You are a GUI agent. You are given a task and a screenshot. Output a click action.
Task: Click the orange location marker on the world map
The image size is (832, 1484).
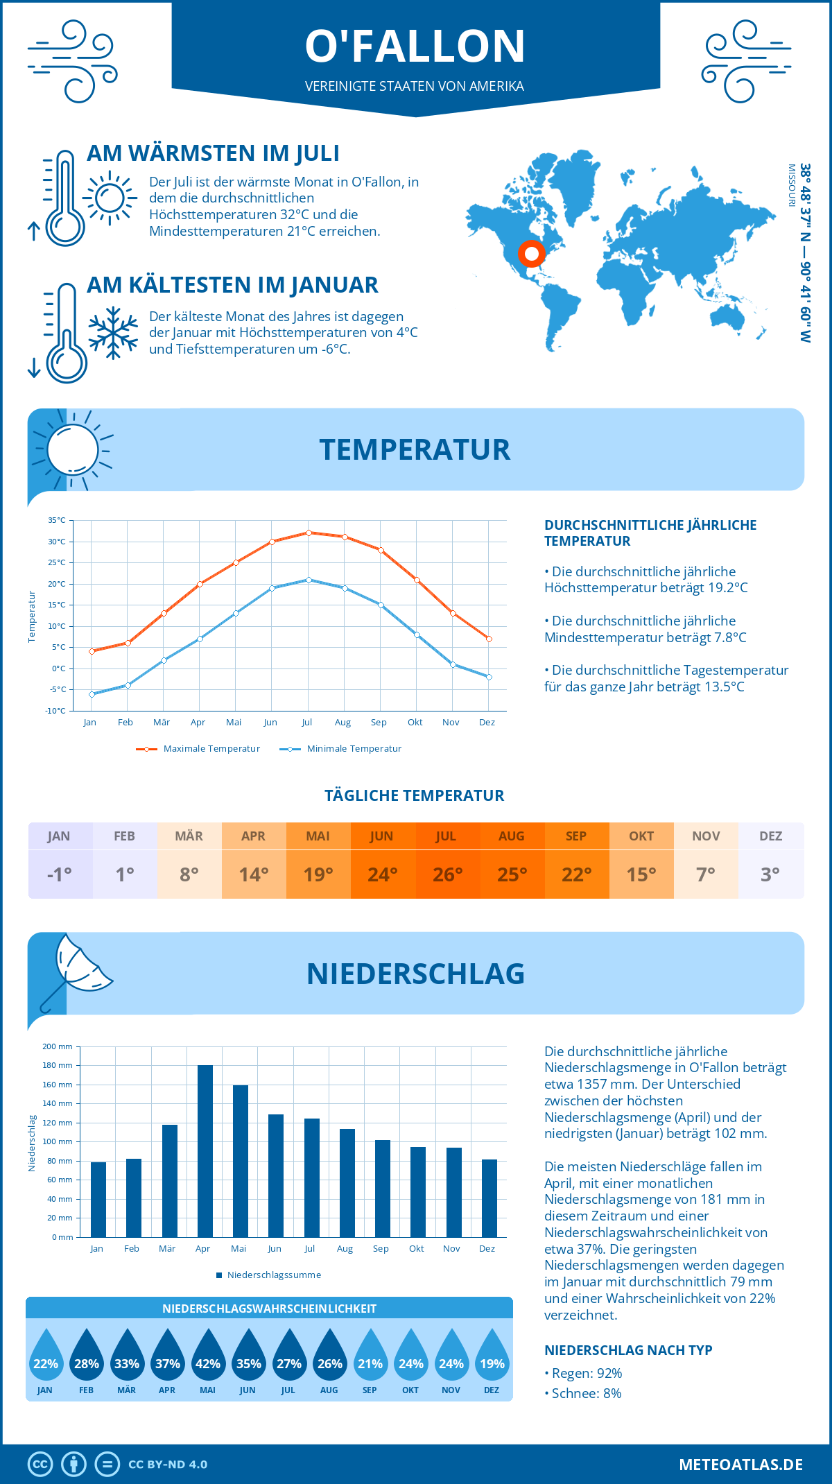[532, 254]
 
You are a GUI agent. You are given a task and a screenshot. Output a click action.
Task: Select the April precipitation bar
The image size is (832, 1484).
[205, 1151]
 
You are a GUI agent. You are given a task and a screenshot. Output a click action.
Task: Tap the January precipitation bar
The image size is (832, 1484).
[98, 1200]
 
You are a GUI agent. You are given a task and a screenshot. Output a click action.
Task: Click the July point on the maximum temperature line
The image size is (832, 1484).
[309, 533]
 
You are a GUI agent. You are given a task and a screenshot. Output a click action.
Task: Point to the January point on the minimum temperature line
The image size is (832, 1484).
[92, 694]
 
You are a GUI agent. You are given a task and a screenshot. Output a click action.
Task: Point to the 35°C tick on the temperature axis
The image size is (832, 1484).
[57, 520]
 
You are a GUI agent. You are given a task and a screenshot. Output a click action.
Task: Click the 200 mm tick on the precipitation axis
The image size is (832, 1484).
[58, 1046]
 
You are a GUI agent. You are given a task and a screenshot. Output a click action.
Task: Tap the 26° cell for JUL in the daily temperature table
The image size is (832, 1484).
[447, 874]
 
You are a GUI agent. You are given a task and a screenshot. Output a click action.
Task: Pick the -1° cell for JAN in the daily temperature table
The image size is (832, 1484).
[60, 874]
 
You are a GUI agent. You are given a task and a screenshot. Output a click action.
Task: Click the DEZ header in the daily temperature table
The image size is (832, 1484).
[770, 836]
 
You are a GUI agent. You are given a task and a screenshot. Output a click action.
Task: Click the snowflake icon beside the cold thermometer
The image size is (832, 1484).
[113, 333]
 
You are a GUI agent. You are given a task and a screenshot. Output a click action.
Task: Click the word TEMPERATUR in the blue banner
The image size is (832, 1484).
[415, 449]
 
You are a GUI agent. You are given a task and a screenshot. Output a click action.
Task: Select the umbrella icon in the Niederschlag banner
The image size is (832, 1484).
[76, 967]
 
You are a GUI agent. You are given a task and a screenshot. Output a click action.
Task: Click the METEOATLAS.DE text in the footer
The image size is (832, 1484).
[740, 1465]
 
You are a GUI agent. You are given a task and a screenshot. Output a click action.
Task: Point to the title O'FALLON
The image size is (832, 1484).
[415, 46]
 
